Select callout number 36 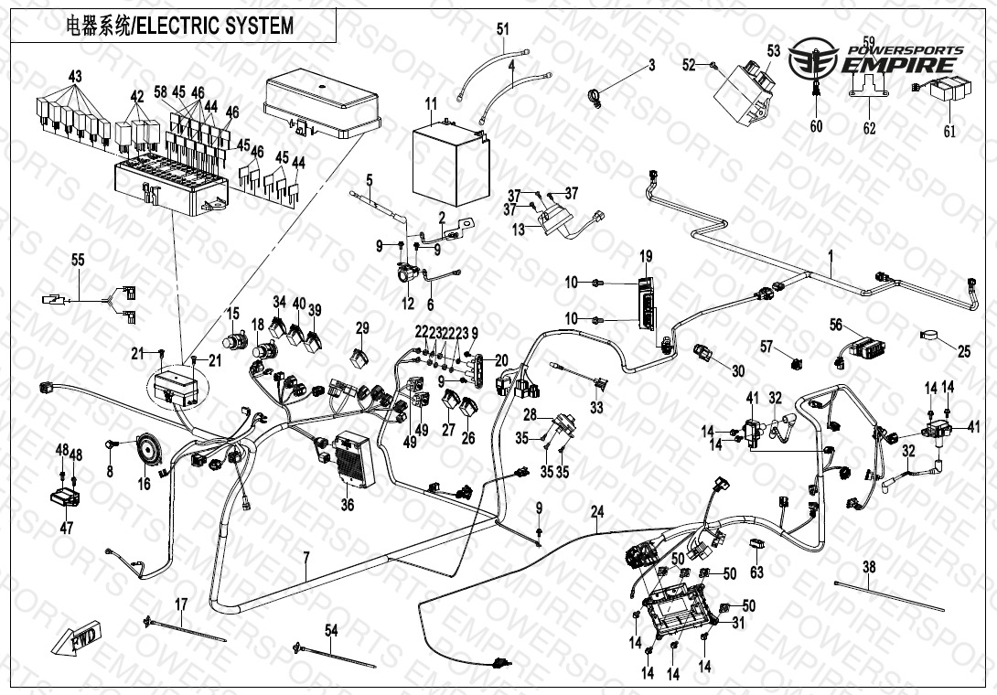coord(347,504)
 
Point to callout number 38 coord(869,567)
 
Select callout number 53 coord(774,51)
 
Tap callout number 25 coord(964,350)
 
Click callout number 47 coord(65,528)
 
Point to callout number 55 coord(78,260)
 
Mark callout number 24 coord(598,512)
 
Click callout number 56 coord(836,325)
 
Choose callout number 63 coord(756,572)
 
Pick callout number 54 coord(331,629)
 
